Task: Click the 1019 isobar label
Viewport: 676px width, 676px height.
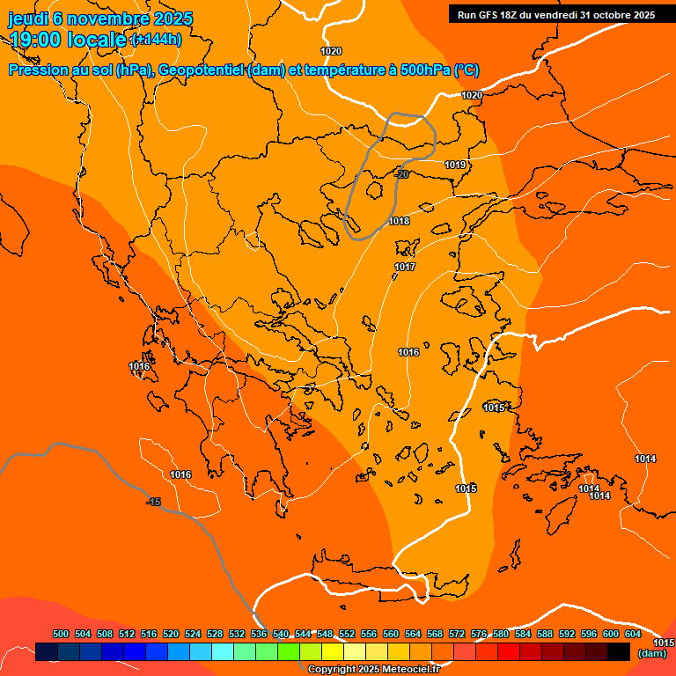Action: [455, 165]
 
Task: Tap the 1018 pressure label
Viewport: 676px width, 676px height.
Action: [399, 221]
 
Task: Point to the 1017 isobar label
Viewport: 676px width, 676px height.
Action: [405, 267]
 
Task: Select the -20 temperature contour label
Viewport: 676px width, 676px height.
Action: [400, 174]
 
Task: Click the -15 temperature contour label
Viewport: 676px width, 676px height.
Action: [153, 502]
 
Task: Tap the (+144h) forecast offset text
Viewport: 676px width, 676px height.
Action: [156, 39]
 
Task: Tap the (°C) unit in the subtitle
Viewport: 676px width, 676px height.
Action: [467, 70]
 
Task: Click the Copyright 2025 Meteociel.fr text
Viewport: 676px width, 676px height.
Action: [373, 669]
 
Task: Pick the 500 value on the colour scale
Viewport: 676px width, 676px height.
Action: [61, 634]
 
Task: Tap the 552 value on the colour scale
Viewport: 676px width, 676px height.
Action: [347, 634]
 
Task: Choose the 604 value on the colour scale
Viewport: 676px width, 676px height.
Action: [633, 634]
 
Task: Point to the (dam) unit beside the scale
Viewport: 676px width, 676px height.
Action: [651, 653]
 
